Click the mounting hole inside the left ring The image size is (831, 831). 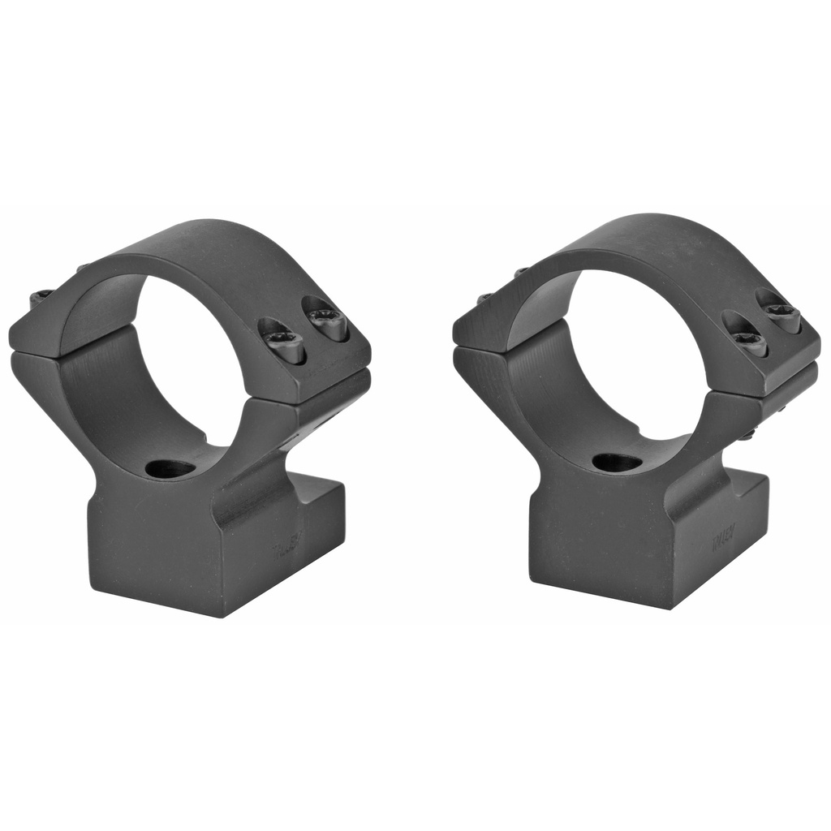point(171,468)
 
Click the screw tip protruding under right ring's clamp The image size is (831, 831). point(747,435)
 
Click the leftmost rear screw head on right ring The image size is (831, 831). point(484,299)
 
